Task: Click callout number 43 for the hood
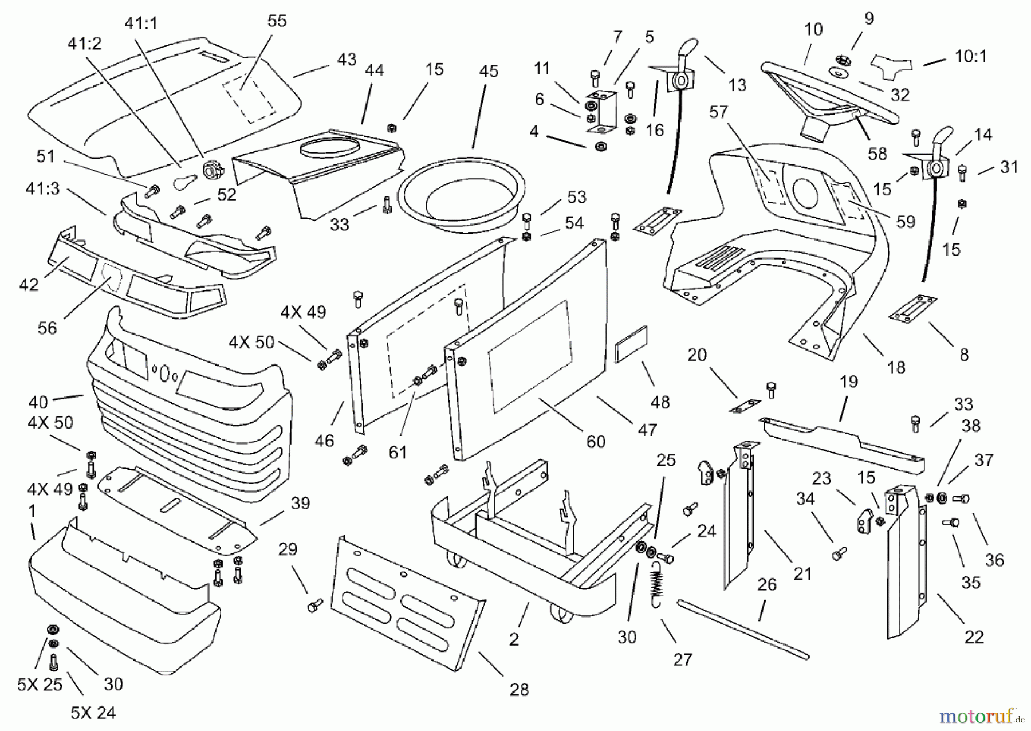click(x=347, y=60)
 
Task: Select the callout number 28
click(x=519, y=690)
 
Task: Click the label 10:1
click(x=971, y=56)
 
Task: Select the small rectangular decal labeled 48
click(x=631, y=344)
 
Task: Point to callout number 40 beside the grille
click(x=38, y=400)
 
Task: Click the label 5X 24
click(x=93, y=713)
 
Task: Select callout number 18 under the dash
click(x=896, y=367)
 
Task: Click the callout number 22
click(x=974, y=636)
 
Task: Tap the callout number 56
click(x=47, y=328)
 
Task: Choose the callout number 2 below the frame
click(x=514, y=639)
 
